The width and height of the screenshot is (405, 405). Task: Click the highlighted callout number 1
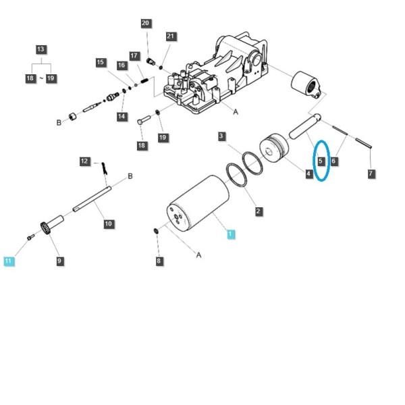click(230, 234)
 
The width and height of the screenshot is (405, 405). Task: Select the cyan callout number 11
click(9, 261)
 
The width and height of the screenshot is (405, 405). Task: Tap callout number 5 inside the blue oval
click(321, 161)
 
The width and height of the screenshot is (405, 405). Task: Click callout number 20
click(146, 23)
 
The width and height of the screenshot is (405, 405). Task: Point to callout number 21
click(171, 36)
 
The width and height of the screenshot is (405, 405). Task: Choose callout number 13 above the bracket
click(40, 49)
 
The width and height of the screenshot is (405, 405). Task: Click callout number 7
click(371, 173)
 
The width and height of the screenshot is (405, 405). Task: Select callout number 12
click(84, 161)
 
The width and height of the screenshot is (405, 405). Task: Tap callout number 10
click(109, 223)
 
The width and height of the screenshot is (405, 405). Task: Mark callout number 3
click(221, 136)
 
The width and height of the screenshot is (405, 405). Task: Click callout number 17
click(134, 56)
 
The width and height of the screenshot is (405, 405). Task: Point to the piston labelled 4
click(274, 148)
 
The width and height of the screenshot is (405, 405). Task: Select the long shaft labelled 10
click(92, 199)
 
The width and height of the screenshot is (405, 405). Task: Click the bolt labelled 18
click(144, 119)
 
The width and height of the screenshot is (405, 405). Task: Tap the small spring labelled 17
click(144, 80)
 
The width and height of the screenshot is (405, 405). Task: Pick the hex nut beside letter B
click(73, 117)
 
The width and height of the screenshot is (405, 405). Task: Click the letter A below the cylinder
click(198, 255)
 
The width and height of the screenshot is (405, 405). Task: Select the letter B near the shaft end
click(130, 176)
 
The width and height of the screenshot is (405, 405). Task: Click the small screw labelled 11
click(30, 237)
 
